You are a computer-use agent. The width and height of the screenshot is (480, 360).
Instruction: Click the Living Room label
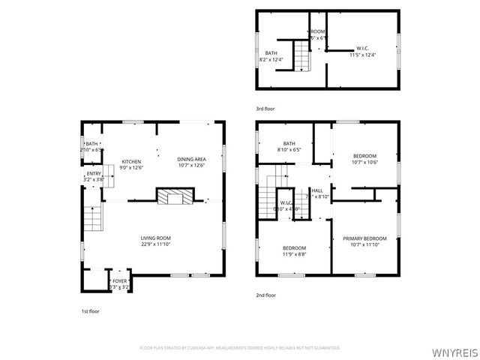(x=156, y=238)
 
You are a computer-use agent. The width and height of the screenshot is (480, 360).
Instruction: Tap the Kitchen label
(x=132, y=161)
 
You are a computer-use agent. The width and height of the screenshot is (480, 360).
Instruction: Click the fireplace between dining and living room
(x=175, y=197)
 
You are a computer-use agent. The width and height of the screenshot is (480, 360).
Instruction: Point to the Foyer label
(x=120, y=281)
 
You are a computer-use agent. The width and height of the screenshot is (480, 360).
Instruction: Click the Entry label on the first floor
(x=94, y=174)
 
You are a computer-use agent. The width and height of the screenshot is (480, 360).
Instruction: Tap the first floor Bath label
(x=91, y=144)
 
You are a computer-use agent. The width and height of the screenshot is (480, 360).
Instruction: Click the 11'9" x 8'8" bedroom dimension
(x=294, y=254)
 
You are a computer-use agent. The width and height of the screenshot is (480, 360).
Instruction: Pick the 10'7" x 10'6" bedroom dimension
(x=365, y=162)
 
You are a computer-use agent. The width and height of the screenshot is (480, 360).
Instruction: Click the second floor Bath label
(x=289, y=144)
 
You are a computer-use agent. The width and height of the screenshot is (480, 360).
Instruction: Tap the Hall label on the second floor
(x=317, y=190)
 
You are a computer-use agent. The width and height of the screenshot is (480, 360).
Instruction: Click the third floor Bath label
(x=271, y=52)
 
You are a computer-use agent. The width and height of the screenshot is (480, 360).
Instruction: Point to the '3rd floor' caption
(x=265, y=109)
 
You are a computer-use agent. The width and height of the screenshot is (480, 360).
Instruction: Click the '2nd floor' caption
(x=266, y=295)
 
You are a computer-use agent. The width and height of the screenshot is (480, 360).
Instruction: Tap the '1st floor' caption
(x=91, y=310)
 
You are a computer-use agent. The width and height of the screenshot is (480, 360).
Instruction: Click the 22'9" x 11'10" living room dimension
(x=156, y=244)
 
